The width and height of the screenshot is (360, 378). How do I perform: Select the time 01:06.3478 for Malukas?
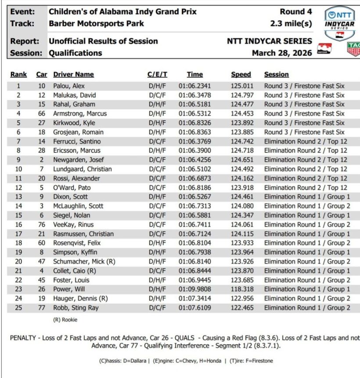click(194, 95)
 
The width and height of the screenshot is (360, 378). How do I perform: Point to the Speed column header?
click(241, 75)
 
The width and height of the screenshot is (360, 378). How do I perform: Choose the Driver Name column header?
click(73, 75)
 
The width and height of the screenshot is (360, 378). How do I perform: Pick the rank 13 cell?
click(18, 197)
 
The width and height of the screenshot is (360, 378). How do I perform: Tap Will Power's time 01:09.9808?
click(194, 289)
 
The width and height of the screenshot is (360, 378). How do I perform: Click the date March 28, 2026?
click(282, 53)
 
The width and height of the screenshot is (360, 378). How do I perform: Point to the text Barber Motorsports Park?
click(96, 23)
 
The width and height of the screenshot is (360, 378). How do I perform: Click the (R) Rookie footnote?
click(65, 320)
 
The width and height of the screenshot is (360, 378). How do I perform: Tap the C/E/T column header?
click(157, 75)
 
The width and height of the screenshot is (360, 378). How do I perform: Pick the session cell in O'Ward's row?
click(305, 187)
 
